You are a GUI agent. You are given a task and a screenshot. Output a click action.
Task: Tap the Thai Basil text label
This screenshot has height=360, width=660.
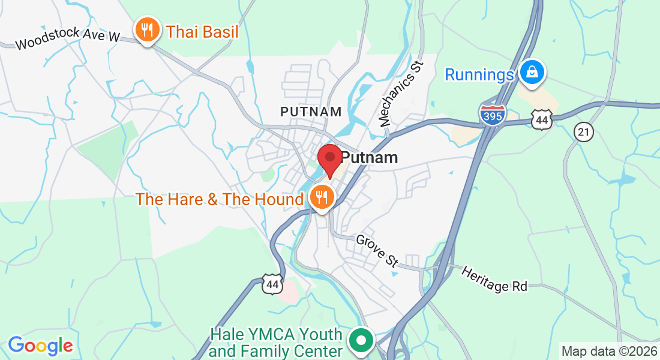point(202,31)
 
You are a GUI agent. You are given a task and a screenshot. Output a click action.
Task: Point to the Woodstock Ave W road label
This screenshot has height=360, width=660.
point(68,38)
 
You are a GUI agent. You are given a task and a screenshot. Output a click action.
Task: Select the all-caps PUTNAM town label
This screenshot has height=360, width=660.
point(311,112)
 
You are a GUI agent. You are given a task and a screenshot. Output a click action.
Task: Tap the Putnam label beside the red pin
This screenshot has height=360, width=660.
point(370,158)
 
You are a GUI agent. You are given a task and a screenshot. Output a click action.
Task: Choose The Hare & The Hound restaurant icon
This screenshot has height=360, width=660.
point(322,196)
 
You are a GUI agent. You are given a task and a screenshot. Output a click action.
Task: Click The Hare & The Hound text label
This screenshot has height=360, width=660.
point(220,199)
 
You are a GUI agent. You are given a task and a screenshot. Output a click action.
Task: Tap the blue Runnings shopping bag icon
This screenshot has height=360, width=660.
point(532,73)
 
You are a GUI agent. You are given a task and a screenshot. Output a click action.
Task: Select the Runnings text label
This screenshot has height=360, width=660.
point(479,74)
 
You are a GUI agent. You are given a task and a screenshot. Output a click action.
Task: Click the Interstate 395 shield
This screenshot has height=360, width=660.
point(492,114)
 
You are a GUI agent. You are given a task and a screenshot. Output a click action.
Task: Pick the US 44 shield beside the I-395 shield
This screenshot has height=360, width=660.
point(541,119)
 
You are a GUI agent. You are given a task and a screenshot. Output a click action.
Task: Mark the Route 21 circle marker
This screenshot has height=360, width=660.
point(583,131)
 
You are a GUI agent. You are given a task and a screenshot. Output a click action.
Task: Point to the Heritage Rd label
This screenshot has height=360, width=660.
point(494,279)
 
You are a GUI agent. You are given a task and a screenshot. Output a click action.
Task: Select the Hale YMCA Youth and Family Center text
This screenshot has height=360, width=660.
point(276,342)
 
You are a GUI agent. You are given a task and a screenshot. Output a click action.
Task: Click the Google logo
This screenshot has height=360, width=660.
point(40,346)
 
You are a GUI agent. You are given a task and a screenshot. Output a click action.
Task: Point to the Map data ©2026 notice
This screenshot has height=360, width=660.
point(609,351)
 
